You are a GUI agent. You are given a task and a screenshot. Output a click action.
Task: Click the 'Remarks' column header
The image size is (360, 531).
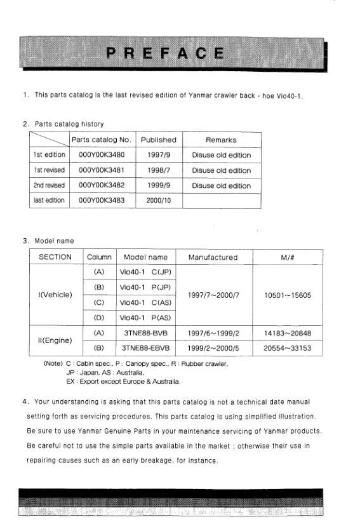[221, 140]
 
